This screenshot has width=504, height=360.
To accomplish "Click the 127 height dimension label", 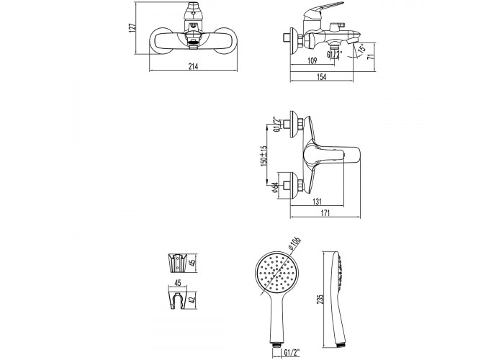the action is pyautogui.click(x=132, y=27).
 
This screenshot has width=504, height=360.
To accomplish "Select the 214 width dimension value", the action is pyautogui.click(x=193, y=66).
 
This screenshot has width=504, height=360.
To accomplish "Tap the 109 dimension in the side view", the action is pyautogui.click(x=312, y=60).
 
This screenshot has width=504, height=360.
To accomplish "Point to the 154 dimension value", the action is pyautogui.click(x=321, y=77).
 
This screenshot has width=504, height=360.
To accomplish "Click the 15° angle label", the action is pyautogui.click(x=362, y=48).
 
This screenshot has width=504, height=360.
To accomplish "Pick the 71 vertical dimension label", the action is pyautogui.click(x=371, y=56).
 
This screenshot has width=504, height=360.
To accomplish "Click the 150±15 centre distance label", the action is pyautogui.click(x=264, y=156).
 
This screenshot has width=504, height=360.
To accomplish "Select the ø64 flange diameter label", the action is pyautogui.click(x=275, y=187).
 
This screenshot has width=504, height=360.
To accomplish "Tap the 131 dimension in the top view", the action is pyautogui.click(x=317, y=202).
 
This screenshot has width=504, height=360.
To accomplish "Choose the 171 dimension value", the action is pyautogui.click(x=325, y=213).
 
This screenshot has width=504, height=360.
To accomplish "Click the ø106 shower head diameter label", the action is pyautogui.click(x=294, y=243).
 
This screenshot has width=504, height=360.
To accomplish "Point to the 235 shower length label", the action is pyautogui.click(x=320, y=299).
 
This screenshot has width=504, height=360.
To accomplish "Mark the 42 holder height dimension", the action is pyautogui.click(x=192, y=300).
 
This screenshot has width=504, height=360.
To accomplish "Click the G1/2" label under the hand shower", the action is pyautogui.click(x=292, y=352).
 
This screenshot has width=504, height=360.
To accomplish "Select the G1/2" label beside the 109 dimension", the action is pyautogui.click(x=334, y=54).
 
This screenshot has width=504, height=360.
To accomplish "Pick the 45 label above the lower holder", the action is pyautogui.click(x=177, y=282).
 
